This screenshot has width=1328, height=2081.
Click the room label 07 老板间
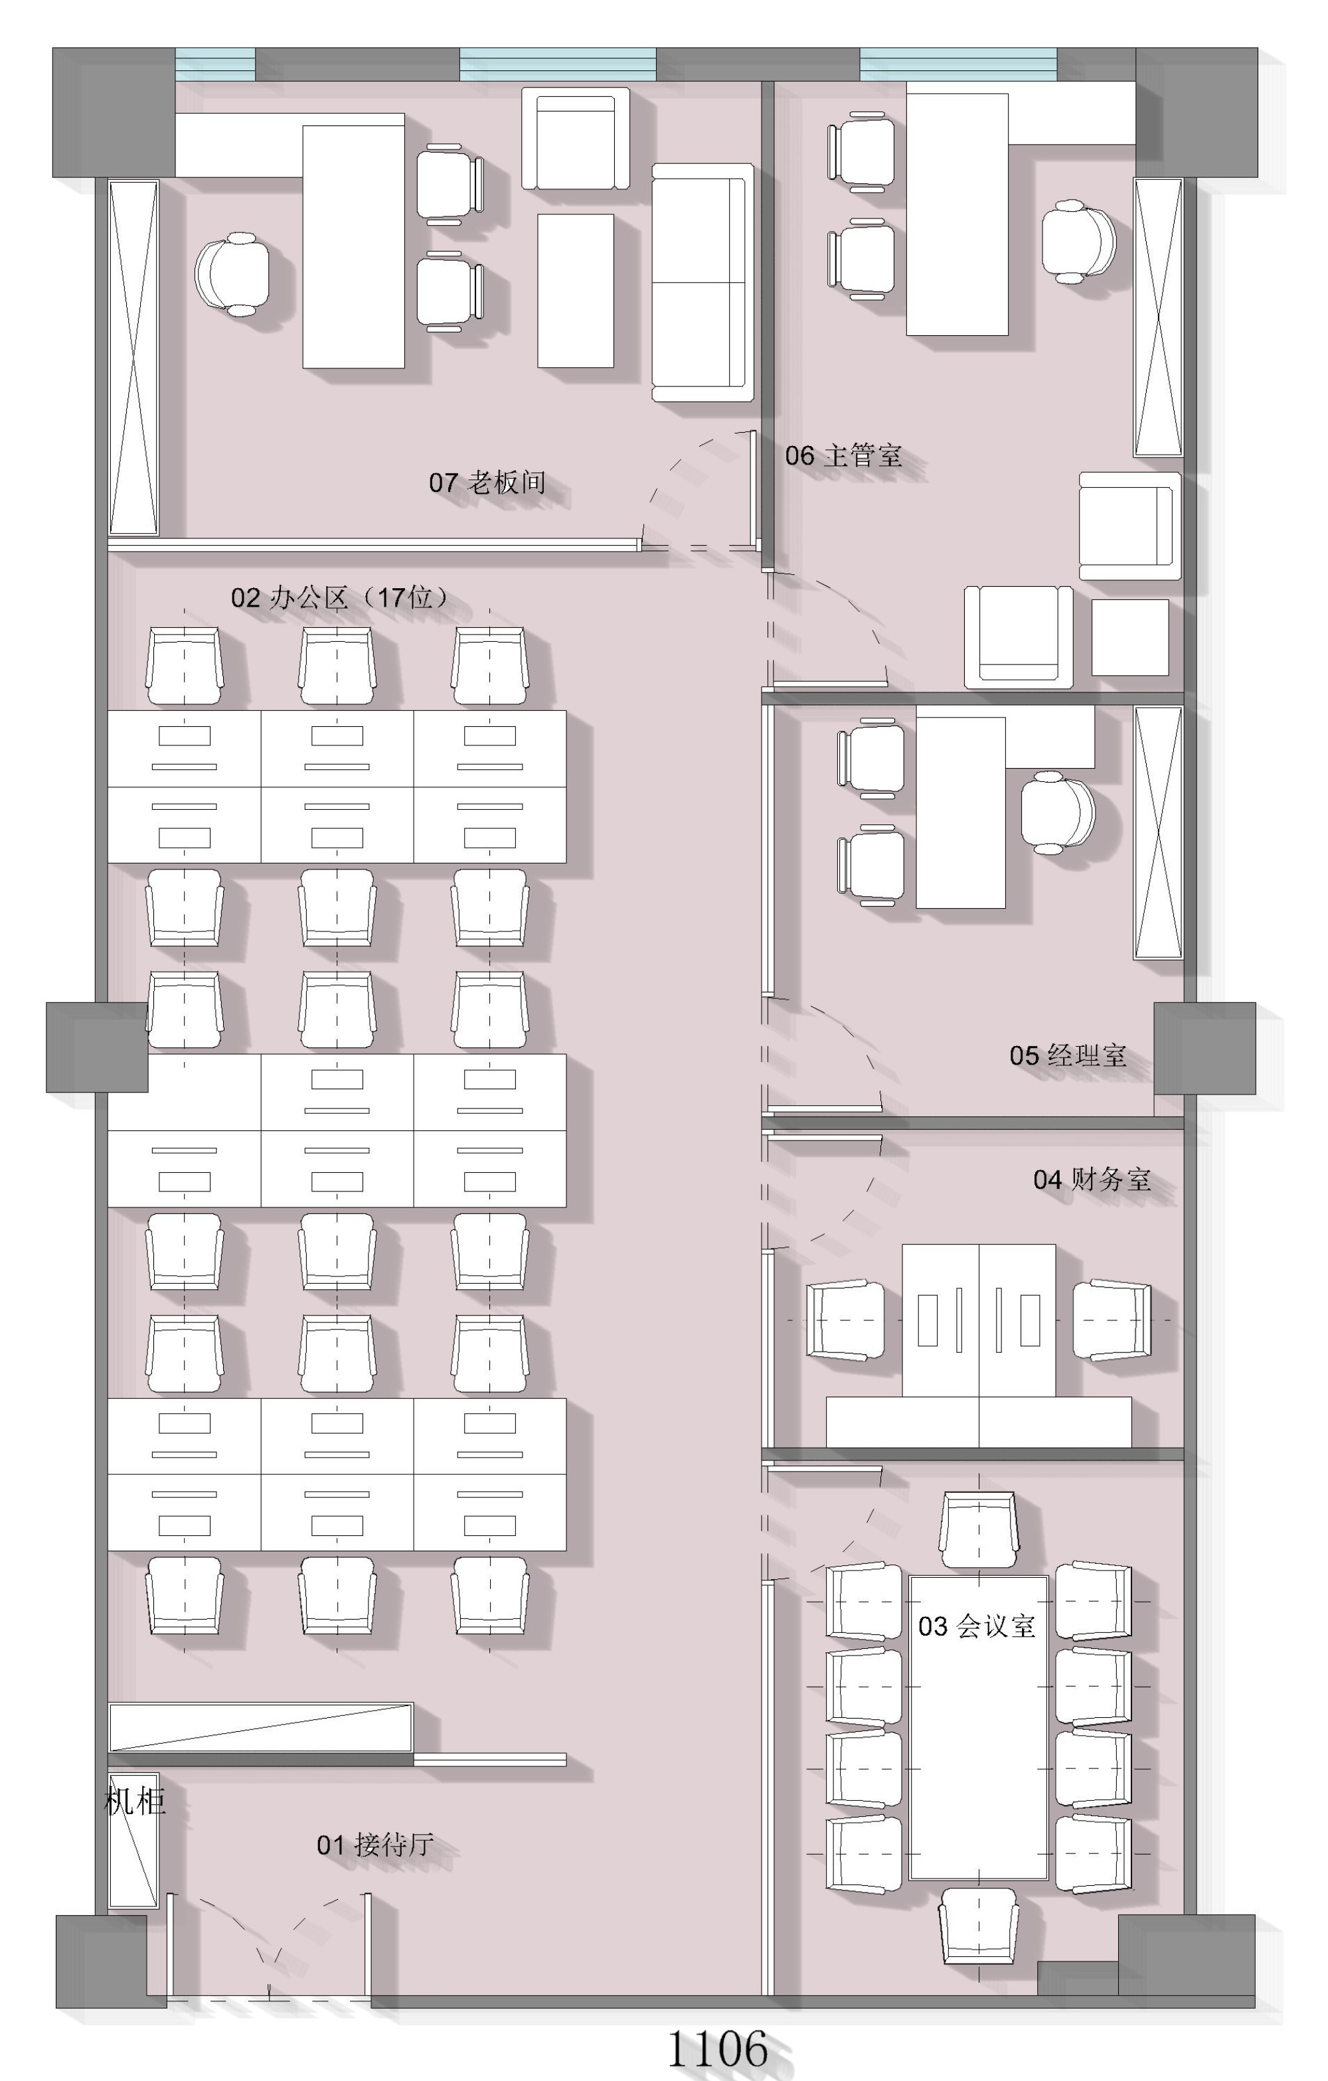[487, 482]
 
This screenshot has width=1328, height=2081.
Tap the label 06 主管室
[843, 455]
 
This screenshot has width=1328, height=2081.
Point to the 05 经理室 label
[1068, 1055]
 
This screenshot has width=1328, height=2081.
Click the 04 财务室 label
[1092, 1180]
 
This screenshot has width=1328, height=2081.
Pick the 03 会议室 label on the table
[977, 1626]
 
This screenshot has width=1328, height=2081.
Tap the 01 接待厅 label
[375, 1845]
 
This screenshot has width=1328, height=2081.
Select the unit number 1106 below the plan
[718, 2048]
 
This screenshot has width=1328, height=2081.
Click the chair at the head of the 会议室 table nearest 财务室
[979, 1529]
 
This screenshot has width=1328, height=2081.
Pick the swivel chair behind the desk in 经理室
[1057, 813]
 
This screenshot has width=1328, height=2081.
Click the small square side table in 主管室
[1130, 638]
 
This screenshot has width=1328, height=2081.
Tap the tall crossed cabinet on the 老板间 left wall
[133, 358]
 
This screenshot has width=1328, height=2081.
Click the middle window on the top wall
[558, 65]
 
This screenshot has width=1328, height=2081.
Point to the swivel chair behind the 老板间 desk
[232, 274]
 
